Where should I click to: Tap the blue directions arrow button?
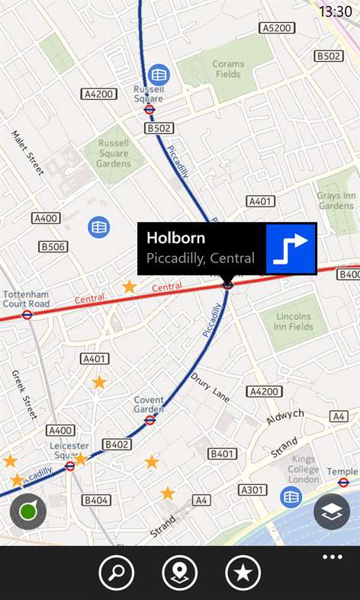click(291, 249)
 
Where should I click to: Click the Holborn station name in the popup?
click(175, 237)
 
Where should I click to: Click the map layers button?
click(332, 512)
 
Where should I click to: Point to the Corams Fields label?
click(227, 69)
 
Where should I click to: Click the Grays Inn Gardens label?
click(336, 201)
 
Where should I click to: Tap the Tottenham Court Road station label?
click(26, 299)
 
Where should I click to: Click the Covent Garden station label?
click(149, 405)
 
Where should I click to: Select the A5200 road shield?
click(276, 28)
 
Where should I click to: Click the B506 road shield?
click(53, 246)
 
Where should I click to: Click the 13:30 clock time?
click(335, 11)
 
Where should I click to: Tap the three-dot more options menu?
click(333, 557)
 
